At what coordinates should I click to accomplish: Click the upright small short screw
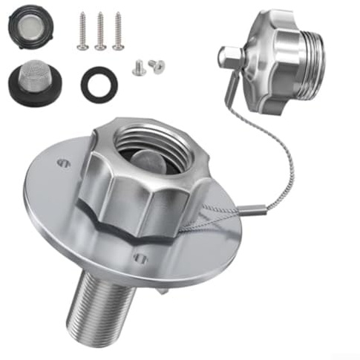coord(138,68)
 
